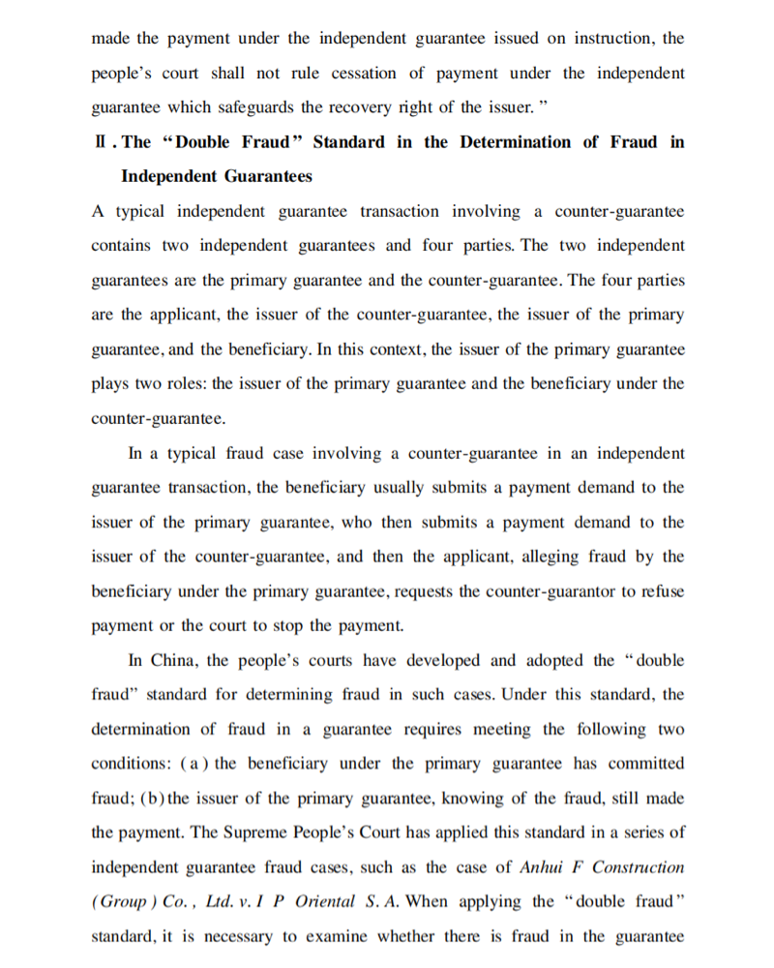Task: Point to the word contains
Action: pyautogui.click(x=121, y=246)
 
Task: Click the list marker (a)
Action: pyautogui.click(x=192, y=764)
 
